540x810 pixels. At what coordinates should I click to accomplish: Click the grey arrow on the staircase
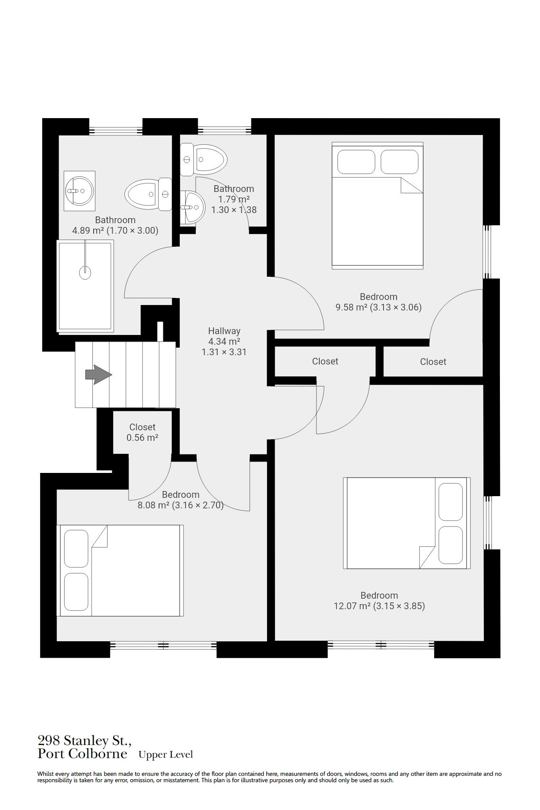(x=98, y=375)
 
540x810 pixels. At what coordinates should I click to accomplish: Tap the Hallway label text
(x=224, y=331)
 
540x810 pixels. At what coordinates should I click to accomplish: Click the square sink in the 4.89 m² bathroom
(x=79, y=191)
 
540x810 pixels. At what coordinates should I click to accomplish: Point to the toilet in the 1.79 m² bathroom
(x=204, y=159)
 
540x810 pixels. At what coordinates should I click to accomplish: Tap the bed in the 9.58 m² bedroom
(x=378, y=205)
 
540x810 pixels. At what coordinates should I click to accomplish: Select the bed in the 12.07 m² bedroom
(x=407, y=523)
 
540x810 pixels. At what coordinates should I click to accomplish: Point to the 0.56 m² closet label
(x=142, y=432)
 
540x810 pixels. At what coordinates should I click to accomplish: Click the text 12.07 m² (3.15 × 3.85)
(x=379, y=606)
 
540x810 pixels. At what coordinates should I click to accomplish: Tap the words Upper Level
(x=166, y=755)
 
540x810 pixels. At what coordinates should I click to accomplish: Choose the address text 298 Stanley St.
(x=84, y=740)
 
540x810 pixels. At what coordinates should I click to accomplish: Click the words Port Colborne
(x=83, y=754)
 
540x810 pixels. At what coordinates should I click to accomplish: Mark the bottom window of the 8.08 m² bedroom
(x=163, y=645)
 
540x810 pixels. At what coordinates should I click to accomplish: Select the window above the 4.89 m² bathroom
(x=116, y=130)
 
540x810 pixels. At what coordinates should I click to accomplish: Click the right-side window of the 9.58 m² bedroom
(x=487, y=251)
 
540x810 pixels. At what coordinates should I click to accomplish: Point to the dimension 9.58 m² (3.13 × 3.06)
(x=378, y=308)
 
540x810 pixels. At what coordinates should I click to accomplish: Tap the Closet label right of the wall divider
(x=433, y=362)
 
